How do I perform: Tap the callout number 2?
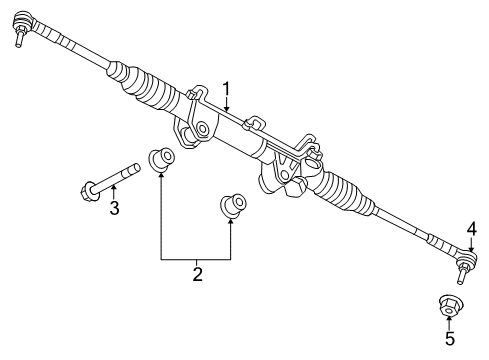[197, 273]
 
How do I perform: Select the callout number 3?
[114, 208]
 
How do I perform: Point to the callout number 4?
[471, 229]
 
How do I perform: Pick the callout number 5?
[449, 339]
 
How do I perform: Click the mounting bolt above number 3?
[110, 182]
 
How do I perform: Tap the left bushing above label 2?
[160, 158]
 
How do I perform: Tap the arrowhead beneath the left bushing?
[160, 174]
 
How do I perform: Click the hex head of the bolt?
[85, 188]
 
